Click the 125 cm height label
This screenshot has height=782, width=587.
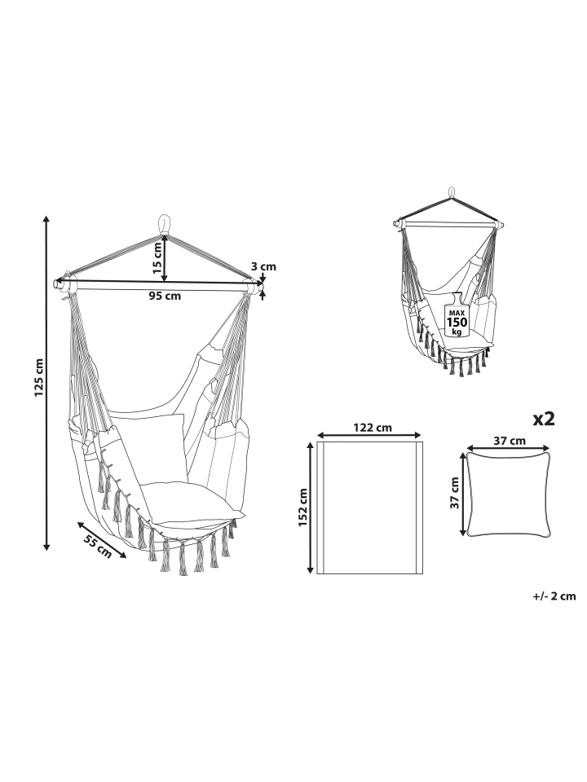(39, 377)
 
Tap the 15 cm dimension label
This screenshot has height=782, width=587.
(157, 258)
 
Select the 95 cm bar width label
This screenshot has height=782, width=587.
(166, 297)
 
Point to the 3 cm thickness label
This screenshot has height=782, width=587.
(263, 267)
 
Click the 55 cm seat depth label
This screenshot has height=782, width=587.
(97, 546)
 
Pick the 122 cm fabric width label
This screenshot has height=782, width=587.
(373, 428)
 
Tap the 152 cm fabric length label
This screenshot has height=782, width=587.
(302, 507)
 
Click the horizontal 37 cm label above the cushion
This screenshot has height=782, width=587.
(510, 441)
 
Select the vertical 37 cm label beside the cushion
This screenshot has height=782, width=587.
(454, 493)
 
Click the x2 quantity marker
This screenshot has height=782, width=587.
(544, 419)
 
